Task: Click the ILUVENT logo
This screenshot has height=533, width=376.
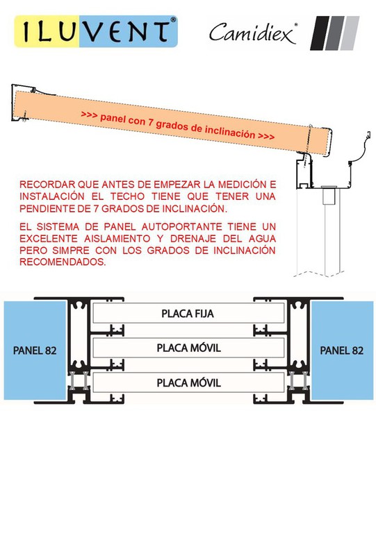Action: click(96, 31)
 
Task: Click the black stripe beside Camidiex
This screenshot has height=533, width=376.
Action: click(320, 33)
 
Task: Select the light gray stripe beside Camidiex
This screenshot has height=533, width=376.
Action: click(350, 33)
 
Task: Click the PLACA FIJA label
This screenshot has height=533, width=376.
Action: click(188, 314)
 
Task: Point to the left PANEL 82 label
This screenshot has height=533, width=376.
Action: click(35, 350)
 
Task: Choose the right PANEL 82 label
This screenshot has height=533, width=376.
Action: click(342, 350)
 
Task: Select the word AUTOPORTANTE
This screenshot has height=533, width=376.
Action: click(181, 227)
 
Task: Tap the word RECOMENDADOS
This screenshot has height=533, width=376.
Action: click(63, 262)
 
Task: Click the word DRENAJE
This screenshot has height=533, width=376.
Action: click(193, 239)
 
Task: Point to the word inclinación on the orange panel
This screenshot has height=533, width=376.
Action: click(229, 132)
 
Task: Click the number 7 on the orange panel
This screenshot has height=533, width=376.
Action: click(149, 121)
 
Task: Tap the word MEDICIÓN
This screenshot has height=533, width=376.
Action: click(243, 185)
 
